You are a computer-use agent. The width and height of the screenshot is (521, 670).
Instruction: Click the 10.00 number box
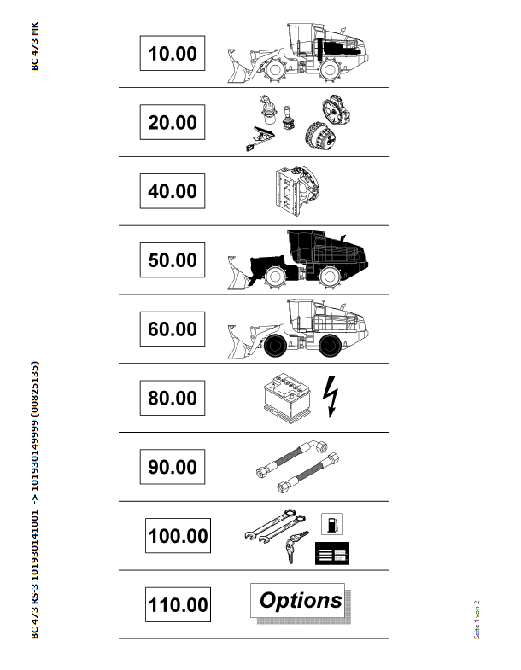173,53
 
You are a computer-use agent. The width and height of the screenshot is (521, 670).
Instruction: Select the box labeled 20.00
173,122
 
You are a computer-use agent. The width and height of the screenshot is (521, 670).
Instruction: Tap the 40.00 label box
173,191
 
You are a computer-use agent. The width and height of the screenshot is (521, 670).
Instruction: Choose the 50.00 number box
173,259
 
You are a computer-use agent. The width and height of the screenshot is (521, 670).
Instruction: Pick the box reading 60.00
173,329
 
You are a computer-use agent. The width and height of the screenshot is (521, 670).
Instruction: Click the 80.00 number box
173,398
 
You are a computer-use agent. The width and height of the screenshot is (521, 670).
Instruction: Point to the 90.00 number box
173,467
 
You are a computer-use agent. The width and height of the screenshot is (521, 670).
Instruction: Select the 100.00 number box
178,535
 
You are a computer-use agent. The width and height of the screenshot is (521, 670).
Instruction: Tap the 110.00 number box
178,604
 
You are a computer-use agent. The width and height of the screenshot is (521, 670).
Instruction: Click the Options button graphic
301,603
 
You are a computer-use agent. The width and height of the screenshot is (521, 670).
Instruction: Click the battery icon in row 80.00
287,399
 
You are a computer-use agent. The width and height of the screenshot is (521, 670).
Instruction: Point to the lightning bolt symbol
331,397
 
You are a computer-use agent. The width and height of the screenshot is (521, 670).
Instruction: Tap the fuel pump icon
332,524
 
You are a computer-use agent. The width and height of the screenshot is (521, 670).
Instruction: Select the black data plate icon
332,553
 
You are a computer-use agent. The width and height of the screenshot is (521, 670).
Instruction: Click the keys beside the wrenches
295,546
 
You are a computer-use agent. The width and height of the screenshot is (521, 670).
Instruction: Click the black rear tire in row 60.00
330,346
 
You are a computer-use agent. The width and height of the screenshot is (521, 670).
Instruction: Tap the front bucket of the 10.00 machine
237,67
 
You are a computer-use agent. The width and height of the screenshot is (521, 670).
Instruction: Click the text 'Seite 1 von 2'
477,620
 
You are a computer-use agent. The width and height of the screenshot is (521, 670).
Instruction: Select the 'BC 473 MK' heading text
35,46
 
